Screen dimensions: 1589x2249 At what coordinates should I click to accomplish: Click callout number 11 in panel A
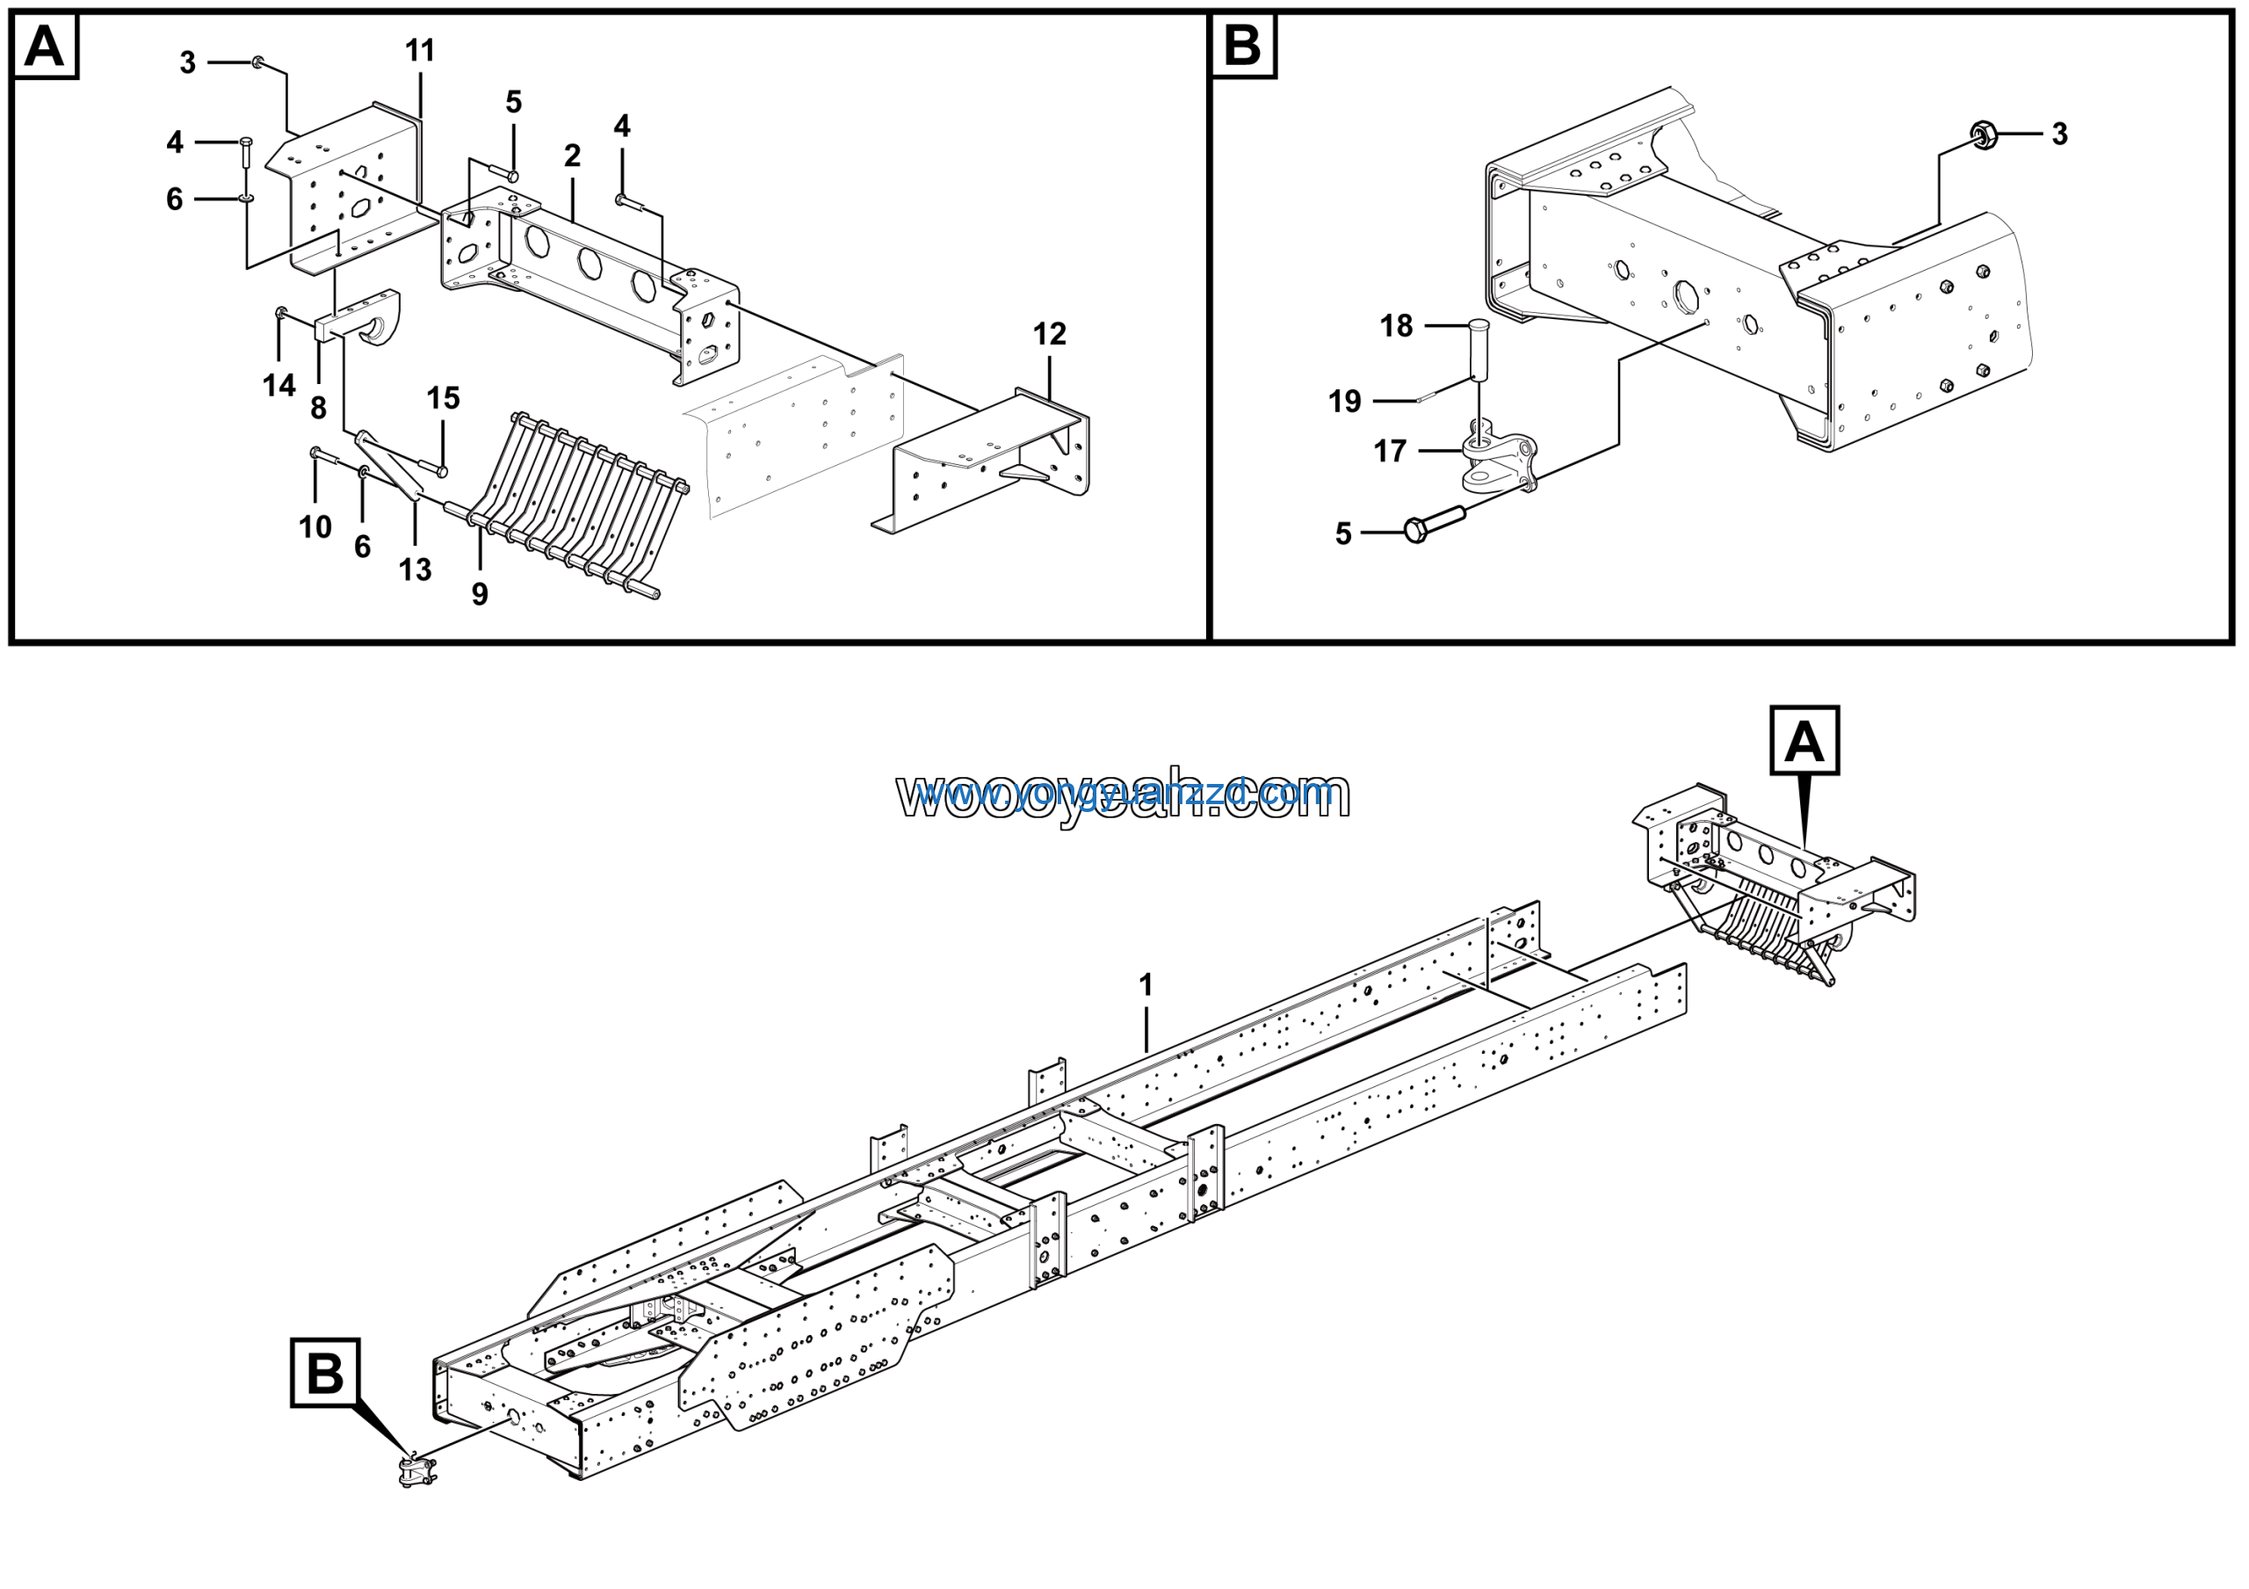point(420,51)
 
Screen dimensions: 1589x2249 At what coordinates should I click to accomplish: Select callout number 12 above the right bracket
point(1049,335)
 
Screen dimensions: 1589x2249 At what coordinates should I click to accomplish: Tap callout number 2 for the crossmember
point(572,156)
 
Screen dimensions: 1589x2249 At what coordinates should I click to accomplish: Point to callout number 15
point(443,399)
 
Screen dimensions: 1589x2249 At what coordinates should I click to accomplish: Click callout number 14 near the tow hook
point(279,386)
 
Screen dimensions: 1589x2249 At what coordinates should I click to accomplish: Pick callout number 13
point(416,570)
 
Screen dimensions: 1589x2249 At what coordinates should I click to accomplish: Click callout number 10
point(315,528)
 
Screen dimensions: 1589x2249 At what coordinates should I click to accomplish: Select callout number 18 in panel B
point(1396,326)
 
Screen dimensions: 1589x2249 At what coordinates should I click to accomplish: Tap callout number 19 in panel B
point(1344,402)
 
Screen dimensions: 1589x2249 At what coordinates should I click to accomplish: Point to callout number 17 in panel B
point(1390,452)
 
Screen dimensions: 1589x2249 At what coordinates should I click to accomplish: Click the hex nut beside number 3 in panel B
point(1984,134)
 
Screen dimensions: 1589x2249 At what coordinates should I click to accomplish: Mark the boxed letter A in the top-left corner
point(44,46)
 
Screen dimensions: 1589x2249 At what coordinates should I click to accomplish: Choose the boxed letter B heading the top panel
point(1243,46)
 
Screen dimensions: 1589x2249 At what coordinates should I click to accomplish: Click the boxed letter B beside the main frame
point(325,1374)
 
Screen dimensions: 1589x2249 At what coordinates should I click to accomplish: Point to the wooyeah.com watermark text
point(1123,794)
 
